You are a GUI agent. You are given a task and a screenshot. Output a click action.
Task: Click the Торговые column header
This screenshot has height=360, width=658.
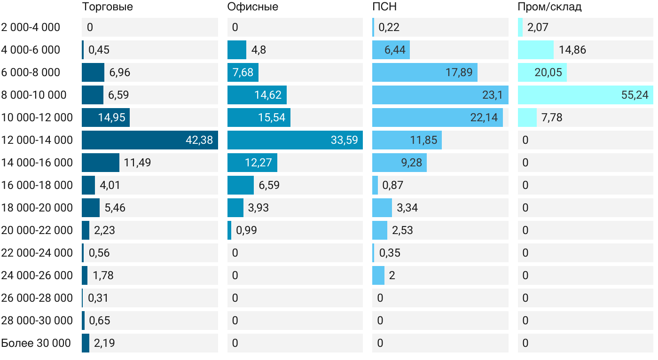point(107,7)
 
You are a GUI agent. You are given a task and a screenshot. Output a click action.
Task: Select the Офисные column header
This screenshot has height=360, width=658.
point(252,7)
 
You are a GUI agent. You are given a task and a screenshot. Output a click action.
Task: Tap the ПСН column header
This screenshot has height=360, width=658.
point(381,7)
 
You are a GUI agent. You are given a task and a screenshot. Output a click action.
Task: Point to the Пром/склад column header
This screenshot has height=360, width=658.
point(549,7)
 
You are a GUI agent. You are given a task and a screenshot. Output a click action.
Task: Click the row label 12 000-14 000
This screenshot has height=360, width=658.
point(37,140)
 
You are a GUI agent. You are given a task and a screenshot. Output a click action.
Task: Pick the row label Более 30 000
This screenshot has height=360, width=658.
point(36,343)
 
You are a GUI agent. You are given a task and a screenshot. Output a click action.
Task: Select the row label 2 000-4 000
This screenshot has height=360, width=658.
point(31,27)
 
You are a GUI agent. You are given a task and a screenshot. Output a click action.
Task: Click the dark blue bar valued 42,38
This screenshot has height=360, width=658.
point(149,140)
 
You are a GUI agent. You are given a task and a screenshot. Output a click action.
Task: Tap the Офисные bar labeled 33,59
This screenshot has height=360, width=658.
point(295,140)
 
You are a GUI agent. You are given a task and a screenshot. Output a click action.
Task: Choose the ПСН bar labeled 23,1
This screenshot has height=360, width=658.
point(440,95)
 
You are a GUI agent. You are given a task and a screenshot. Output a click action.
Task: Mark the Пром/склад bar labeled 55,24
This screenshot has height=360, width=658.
point(585,95)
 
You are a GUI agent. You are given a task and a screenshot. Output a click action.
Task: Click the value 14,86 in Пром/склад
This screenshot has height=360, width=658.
point(572,50)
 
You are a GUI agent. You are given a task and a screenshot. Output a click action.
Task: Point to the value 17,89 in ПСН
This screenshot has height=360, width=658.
point(459,72)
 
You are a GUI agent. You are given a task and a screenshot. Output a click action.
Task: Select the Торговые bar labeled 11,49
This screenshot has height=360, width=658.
point(101,163)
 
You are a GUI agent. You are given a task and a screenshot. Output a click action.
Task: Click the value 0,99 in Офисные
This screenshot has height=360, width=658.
point(246,230)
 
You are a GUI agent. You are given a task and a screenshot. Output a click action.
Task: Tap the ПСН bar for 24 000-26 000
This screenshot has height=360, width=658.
point(378,275)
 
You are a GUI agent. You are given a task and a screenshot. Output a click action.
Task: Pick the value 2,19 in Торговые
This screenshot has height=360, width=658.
point(104,343)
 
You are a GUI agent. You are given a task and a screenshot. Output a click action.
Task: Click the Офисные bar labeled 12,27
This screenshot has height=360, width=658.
point(252,163)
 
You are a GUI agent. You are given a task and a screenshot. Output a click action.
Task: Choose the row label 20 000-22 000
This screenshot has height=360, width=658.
point(37,230)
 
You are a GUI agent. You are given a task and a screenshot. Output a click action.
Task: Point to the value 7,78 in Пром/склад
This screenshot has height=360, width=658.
point(552,117)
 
